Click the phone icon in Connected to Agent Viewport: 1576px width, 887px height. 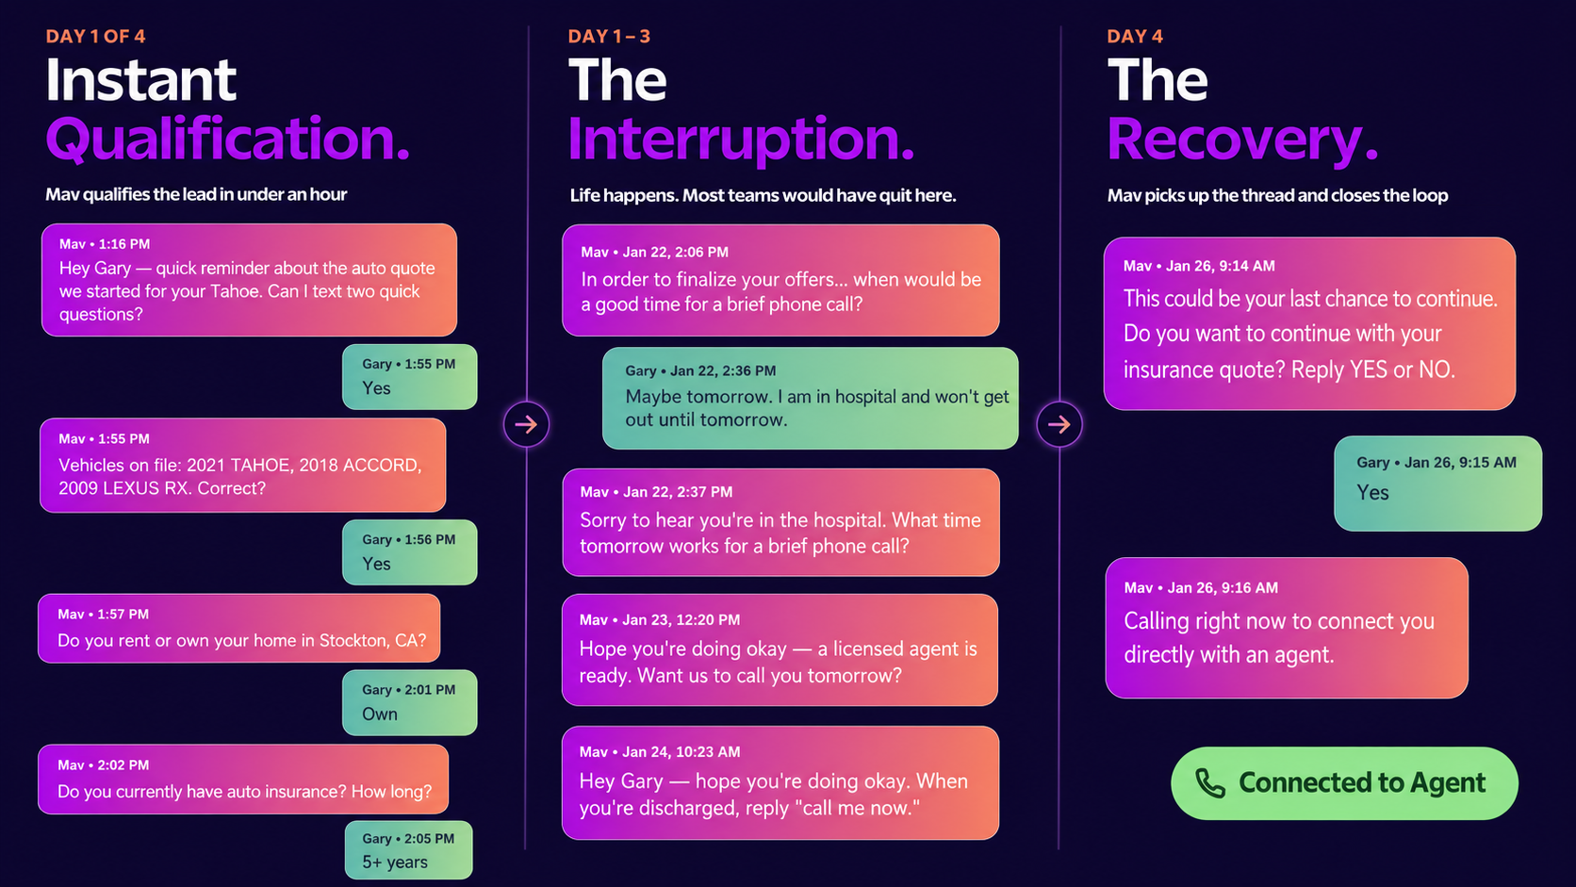[x=1210, y=783]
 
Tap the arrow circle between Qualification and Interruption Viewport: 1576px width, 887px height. [x=526, y=424]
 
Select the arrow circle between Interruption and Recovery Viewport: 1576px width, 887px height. [x=1059, y=424]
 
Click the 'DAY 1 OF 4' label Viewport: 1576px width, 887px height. [x=96, y=37]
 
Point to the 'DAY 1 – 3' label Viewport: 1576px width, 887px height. [x=609, y=37]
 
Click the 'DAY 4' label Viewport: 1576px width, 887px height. [x=1135, y=37]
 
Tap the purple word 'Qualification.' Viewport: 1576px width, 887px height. [x=227, y=140]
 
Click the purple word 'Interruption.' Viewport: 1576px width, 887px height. [x=741, y=140]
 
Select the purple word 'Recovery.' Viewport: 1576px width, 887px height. [x=1242, y=140]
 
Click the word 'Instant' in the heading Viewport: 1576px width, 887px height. [x=140, y=79]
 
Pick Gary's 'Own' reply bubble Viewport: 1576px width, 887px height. [x=409, y=702]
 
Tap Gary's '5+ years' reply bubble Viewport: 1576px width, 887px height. [x=409, y=849]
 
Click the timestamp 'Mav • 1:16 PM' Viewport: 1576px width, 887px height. [x=104, y=244]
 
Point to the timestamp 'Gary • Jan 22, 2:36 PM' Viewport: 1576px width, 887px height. [x=700, y=370]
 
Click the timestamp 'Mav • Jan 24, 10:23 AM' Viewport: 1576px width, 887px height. [x=660, y=752]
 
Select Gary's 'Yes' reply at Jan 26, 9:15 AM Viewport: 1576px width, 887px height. [x=1438, y=484]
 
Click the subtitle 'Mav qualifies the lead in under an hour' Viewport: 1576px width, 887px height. [x=196, y=194]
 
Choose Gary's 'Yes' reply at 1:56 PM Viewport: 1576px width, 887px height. [x=409, y=552]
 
